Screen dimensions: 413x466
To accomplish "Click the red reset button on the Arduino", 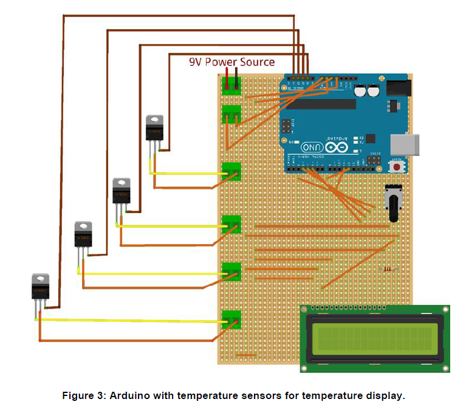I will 397,166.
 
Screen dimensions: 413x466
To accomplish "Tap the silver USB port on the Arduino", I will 403,144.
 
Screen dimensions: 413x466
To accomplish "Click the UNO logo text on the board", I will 312,147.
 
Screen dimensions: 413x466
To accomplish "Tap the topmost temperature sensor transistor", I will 154,128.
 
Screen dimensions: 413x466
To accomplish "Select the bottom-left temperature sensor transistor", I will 41,287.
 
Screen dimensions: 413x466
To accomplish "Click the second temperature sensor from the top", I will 122,191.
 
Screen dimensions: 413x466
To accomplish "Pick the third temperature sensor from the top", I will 83,234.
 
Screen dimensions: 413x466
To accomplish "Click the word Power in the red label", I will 223,62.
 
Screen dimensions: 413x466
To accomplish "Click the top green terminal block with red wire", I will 231,86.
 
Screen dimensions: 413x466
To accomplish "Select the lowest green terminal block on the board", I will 231,319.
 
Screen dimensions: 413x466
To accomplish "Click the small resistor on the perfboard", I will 388,269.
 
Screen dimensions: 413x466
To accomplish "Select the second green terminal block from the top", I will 231,114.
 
